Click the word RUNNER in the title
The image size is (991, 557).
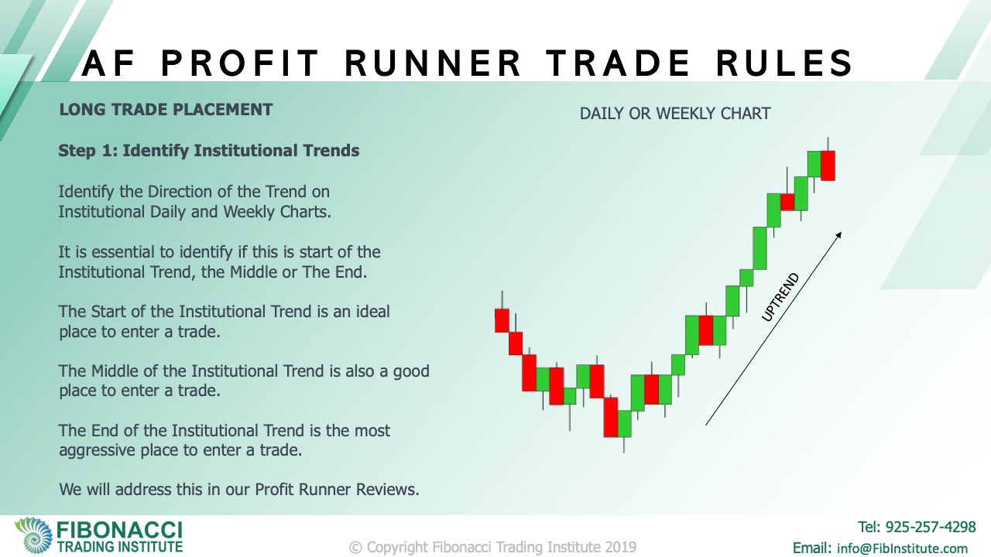point(433,63)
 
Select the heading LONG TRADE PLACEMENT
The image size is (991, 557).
point(166,110)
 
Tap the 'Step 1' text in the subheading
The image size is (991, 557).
point(88,151)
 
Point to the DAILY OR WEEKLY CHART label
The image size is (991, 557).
point(675,114)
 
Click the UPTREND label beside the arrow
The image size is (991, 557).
point(780,297)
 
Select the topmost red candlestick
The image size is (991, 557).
point(828,166)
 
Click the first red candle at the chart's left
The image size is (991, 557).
point(502,320)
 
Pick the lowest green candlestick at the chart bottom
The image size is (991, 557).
point(624,423)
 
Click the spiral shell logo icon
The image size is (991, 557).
point(33,535)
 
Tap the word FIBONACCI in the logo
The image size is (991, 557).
point(119,530)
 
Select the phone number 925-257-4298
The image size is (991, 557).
point(931,527)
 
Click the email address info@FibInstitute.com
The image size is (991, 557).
point(903,548)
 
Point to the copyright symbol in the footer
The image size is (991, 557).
point(355,548)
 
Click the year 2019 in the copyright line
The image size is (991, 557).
point(621,547)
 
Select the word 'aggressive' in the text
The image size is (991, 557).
point(98,450)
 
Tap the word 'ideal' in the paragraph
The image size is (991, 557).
point(371,311)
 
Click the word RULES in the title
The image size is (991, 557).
point(784,63)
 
